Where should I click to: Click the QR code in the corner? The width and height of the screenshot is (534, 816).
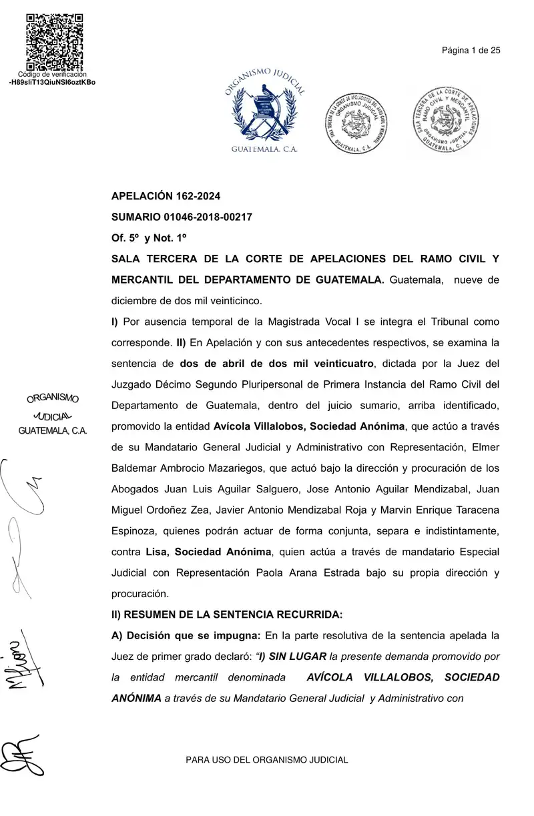[55, 41]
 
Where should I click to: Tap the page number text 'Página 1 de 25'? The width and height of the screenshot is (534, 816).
[471, 50]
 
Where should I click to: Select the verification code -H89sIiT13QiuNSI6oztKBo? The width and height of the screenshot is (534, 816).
[52, 82]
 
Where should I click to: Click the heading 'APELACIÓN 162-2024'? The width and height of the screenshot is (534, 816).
[166, 196]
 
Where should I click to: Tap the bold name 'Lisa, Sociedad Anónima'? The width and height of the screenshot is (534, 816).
[208, 552]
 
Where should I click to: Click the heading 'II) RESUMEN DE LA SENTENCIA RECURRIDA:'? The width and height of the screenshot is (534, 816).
[226, 614]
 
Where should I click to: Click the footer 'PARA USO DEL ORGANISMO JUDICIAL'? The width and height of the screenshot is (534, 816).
[266, 760]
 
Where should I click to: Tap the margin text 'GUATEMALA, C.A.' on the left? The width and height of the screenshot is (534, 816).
[53, 431]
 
